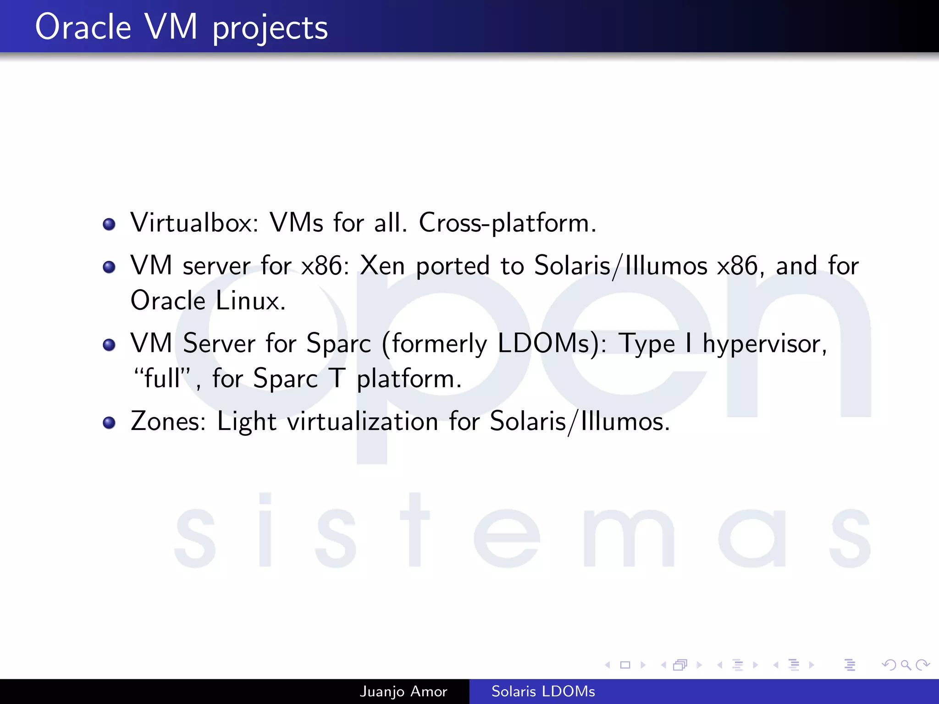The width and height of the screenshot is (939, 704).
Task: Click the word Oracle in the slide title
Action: point(83,27)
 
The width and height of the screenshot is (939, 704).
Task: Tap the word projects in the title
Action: point(270,28)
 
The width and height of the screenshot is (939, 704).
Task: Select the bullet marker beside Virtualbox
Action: point(109,224)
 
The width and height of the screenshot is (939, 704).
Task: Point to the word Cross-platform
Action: point(507,223)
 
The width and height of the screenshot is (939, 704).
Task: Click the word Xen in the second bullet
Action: point(382,266)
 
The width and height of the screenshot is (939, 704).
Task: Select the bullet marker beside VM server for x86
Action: point(109,267)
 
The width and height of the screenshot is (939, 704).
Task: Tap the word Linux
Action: point(250,301)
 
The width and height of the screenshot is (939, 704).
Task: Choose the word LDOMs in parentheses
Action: point(548,343)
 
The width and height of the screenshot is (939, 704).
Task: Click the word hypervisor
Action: point(764,344)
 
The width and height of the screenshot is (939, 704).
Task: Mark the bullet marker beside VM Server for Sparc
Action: point(109,345)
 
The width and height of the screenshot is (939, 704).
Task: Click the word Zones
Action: point(168,421)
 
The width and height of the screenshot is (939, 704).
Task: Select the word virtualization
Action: point(362,421)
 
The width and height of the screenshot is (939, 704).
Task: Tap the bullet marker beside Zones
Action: point(109,423)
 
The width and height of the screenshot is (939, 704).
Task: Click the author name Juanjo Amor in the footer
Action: point(403,691)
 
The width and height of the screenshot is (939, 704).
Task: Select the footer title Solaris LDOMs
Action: point(543,691)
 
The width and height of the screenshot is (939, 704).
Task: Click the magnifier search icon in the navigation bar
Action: point(906,665)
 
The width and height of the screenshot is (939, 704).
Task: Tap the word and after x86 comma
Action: point(796,266)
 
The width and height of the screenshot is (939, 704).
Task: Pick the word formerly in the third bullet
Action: point(439,344)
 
